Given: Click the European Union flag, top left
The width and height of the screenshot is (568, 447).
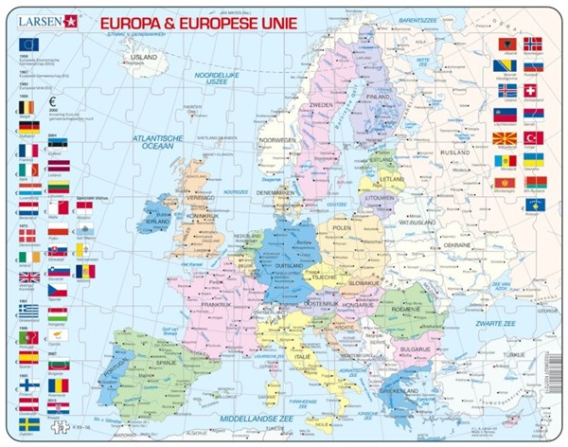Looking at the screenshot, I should pyautogui.click(x=29, y=44).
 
